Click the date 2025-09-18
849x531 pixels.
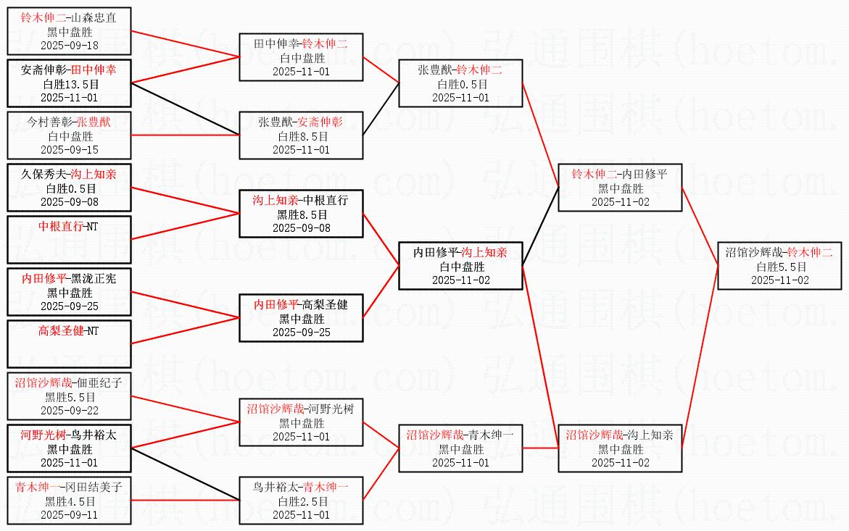(70, 45)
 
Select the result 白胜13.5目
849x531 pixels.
(70, 84)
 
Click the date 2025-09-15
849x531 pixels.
(70, 149)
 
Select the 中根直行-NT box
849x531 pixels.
(70, 239)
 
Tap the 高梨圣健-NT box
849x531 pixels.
(70, 343)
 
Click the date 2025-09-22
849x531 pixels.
(70, 410)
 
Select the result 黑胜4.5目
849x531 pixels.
(70, 501)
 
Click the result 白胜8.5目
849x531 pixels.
(302, 135)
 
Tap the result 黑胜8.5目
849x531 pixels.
(302, 214)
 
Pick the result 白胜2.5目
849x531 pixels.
(302, 501)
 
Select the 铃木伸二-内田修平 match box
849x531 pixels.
(620, 188)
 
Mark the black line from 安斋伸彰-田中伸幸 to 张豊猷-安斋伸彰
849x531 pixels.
(185, 109)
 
